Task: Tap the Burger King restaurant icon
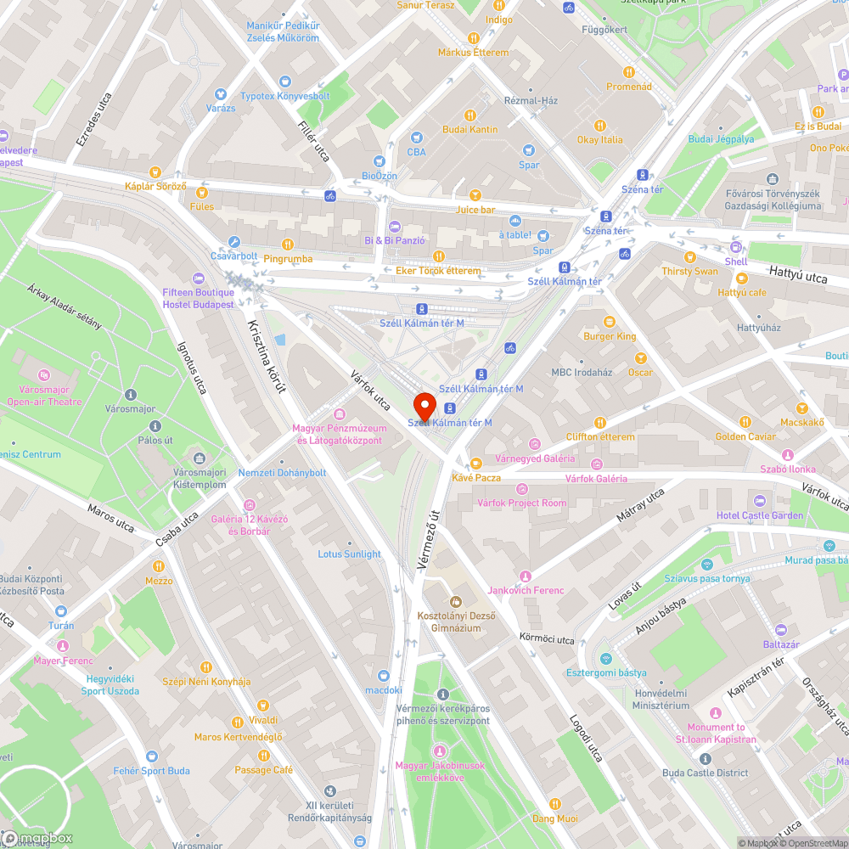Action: [x=609, y=321]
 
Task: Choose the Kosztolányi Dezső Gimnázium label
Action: [x=456, y=621]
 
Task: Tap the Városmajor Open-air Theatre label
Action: [x=44, y=396]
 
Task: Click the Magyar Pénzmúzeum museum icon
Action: [x=340, y=413]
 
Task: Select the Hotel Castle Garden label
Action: [x=759, y=515]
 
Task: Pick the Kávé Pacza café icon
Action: [x=475, y=463]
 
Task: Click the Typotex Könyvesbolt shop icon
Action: [x=284, y=82]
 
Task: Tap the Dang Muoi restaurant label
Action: [x=554, y=818]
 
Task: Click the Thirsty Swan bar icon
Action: [x=689, y=256]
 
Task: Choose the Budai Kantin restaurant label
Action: [x=470, y=129]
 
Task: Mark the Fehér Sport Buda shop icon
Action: [x=152, y=756]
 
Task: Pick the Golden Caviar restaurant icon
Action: [x=745, y=421]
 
